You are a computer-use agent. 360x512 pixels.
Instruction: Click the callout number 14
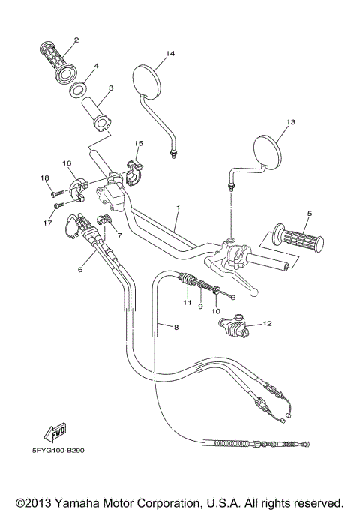170,53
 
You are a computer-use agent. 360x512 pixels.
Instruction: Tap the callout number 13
291,121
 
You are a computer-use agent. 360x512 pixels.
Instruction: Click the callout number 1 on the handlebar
178,207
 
